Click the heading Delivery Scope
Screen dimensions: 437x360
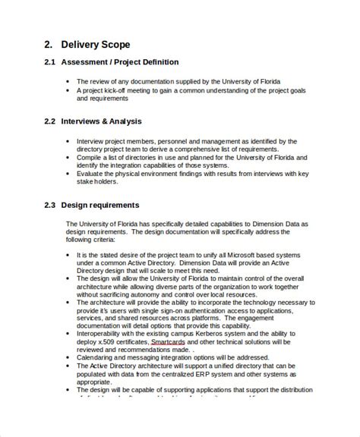click(98, 45)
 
